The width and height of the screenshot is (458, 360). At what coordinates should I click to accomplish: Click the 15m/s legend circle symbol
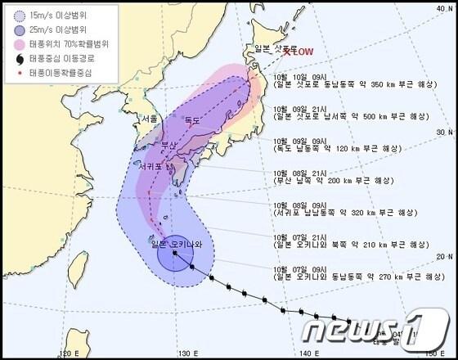[16, 15]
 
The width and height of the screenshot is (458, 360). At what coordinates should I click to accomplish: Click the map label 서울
[149, 119]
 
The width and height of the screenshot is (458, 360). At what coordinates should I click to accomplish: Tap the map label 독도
[192, 120]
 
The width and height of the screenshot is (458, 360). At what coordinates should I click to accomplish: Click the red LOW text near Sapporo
[300, 52]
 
